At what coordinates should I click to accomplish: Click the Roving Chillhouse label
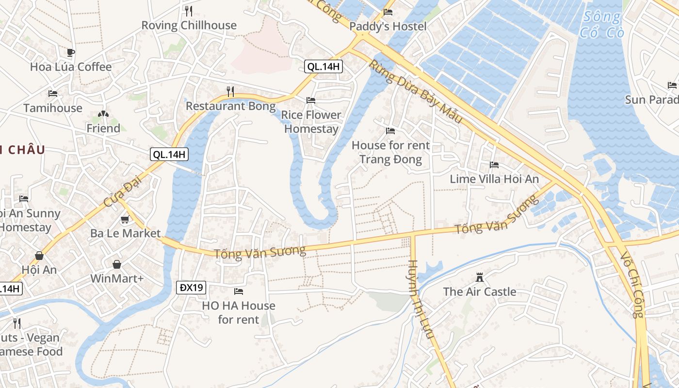click(189, 25)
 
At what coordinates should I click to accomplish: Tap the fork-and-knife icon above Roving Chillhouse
click(189, 11)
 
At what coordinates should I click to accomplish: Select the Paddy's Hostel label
click(388, 26)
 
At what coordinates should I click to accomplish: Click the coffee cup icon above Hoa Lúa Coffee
click(71, 52)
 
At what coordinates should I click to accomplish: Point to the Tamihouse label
click(53, 108)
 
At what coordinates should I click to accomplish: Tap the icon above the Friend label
click(103, 114)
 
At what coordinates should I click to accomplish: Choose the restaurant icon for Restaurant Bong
click(231, 91)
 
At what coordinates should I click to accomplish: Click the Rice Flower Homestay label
click(311, 122)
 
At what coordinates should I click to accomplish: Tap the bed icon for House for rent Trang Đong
click(390, 131)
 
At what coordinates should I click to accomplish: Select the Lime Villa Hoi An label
click(494, 179)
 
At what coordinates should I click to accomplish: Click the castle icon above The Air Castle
click(480, 277)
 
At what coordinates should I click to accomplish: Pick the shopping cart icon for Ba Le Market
click(125, 219)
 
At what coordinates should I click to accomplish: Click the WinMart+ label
click(117, 279)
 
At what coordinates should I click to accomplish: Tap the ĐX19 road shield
click(191, 288)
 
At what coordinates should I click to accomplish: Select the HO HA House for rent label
click(239, 312)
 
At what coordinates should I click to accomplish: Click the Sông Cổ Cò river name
click(601, 25)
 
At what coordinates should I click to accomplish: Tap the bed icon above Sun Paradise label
click(672, 85)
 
